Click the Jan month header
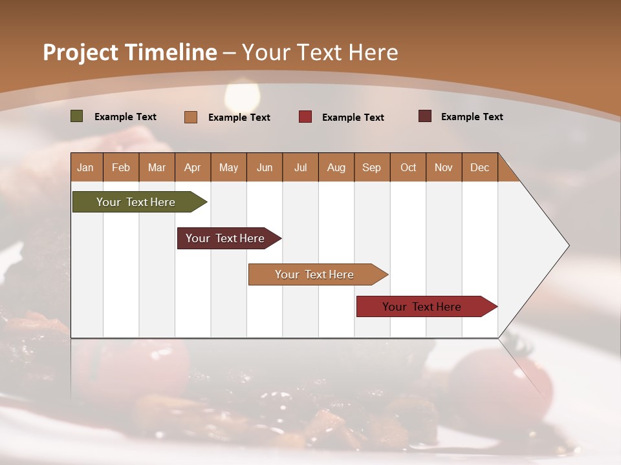(x=86, y=167)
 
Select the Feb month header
(x=121, y=167)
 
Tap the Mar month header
(x=157, y=167)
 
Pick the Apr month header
(x=192, y=167)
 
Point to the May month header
(x=228, y=167)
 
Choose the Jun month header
(x=265, y=167)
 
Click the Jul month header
(x=300, y=167)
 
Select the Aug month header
(x=336, y=167)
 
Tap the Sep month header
(x=372, y=167)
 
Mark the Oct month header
(x=408, y=167)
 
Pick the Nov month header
(x=444, y=167)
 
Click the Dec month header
(x=479, y=167)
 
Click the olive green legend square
(x=77, y=116)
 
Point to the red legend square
(x=305, y=117)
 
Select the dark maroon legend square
(x=425, y=116)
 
